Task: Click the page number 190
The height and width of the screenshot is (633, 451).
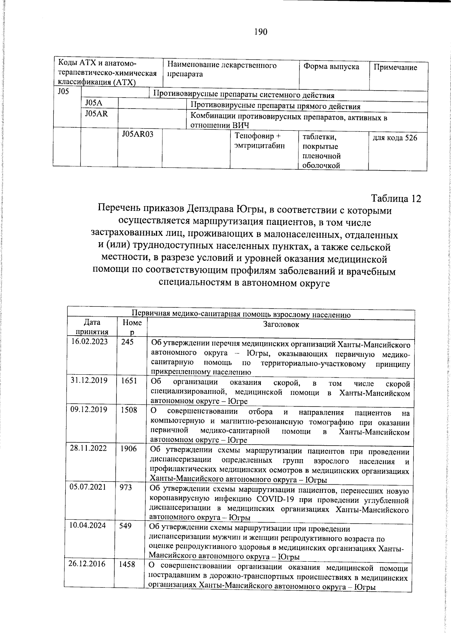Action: [x=260, y=32]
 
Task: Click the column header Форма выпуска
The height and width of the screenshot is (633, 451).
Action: [x=331, y=67]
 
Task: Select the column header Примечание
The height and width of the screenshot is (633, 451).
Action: [x=395, y=68]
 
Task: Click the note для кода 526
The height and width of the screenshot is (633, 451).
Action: [x=395, y=138]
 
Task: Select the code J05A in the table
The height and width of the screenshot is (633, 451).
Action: [x=94, y=103]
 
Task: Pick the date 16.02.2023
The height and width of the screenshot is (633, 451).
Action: [x=89, y=342]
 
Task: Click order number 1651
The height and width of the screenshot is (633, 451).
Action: [x=129, y=380]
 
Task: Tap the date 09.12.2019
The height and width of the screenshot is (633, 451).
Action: [x=89, y=410]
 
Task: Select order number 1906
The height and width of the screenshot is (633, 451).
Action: [x=129, y=448]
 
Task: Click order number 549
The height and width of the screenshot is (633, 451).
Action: [x=125, y=526]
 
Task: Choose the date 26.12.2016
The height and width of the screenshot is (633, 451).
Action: [x=87, y=564]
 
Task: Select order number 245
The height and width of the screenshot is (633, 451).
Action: [x=127, y=342]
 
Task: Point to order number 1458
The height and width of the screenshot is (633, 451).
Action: [x=127, y=564]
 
